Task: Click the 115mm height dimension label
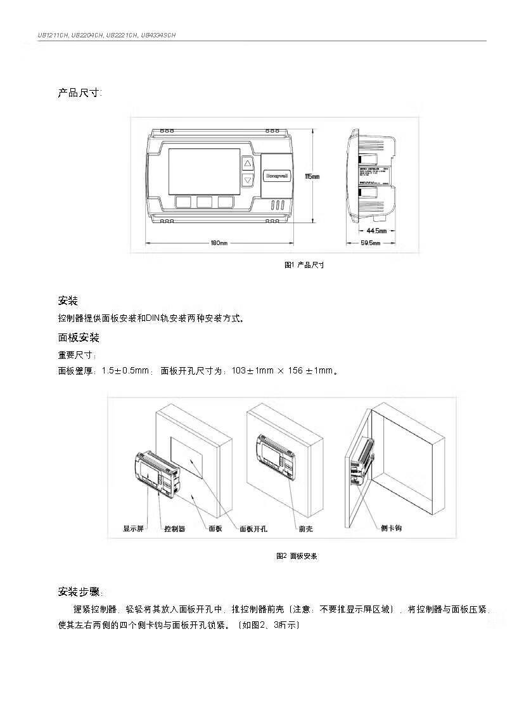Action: coord(312,176)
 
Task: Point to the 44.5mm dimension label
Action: coord(377,230)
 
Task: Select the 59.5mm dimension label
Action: coord(371,243)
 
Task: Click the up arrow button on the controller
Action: coord(248,164)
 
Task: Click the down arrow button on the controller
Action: coord(248,180)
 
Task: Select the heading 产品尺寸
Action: coord(79,93)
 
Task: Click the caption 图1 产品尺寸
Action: coord(304,265)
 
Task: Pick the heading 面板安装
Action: coord(79,337)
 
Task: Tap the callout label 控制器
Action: coord(174,528)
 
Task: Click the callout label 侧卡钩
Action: coord(391,528)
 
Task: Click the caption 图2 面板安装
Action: coord(297,556)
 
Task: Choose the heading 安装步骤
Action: coord(79,592)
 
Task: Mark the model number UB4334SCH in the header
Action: coord(158,36)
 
